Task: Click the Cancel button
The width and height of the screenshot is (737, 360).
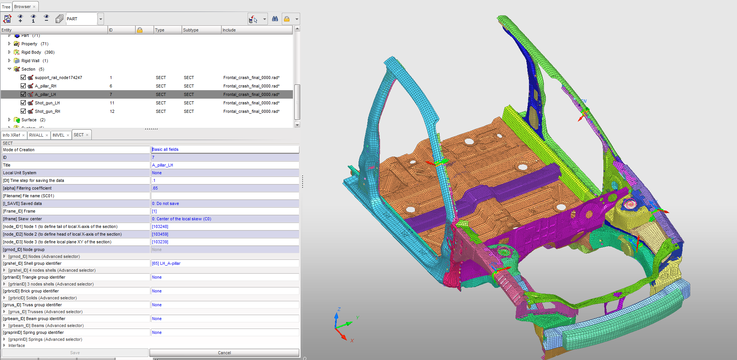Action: pos(224,353)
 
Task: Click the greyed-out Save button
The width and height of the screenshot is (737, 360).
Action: pos(75,353)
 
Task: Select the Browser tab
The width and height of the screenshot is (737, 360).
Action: pos(23,7)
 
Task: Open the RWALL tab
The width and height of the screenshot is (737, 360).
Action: pos(36,135)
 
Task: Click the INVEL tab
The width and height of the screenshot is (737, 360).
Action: pos(58,135)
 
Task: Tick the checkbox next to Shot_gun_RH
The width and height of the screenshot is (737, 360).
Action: pos(23,111)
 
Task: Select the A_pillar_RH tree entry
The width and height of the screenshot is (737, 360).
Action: pos(45,86)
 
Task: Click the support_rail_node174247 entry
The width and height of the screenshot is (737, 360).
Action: pos(58,78)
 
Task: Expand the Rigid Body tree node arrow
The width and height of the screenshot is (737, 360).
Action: pos(10,52)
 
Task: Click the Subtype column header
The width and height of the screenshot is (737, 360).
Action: pos(191,30)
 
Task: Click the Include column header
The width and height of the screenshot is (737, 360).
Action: pos(229,30)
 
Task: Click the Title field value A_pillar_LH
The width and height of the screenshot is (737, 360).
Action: pos(162,165)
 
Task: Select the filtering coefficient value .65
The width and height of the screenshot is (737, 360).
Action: pos(155,188)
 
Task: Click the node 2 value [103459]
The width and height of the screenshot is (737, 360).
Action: pos(160,234)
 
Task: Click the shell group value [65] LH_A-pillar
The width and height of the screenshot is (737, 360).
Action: pos(166,263)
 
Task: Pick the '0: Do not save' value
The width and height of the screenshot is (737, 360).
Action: pos(165,203)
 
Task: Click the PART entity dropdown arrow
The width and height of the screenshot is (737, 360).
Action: pos(101,19)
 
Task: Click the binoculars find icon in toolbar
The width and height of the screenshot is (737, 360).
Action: pos(275,19)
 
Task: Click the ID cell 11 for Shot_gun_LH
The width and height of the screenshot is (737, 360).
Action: pos(112,103)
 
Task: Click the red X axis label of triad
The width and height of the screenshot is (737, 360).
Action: pos(352,340)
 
